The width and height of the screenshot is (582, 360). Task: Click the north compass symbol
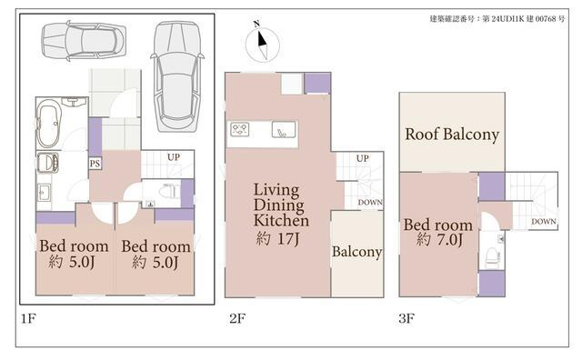coord(263,44)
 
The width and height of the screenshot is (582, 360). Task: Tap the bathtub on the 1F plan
coord(48,124)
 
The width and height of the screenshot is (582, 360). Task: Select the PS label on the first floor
coord(95,164)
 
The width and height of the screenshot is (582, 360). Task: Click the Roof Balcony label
coord(452,135)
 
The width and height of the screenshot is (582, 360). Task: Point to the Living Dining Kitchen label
coord(281,205)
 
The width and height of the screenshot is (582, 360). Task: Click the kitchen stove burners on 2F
coord(239,130)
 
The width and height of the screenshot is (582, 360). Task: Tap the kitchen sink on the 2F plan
coord(284,129)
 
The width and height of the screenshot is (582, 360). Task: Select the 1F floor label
coord(28,318)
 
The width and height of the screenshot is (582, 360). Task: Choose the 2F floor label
coord(237,318)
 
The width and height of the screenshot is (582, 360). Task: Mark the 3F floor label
coord(406,318)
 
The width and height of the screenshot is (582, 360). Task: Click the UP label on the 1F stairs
coord(174,157)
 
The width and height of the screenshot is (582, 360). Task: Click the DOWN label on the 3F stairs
coord(544,222)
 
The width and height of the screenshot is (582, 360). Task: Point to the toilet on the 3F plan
coord(492,256)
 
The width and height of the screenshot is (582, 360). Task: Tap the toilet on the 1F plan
coord(167,192)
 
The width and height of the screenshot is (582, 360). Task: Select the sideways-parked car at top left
coord(84,41)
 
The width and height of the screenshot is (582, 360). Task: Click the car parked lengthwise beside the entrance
coord(177,77)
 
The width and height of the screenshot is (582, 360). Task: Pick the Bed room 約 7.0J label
coord(438,233)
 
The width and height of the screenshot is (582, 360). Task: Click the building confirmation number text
coord(497,18)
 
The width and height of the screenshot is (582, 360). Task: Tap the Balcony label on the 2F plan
coord(356,252)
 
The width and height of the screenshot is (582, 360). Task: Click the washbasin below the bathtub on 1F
coord(47,163)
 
